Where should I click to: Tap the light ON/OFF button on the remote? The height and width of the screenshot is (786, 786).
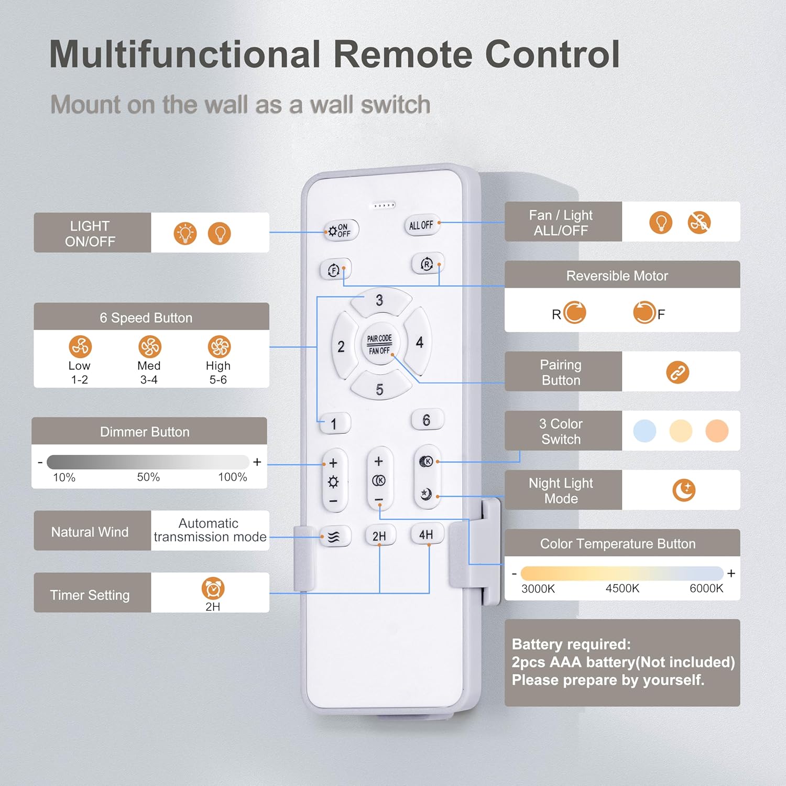[341, 230]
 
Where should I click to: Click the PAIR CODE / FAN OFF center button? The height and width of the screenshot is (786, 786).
[379, 344]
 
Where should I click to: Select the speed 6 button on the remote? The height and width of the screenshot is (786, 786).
[427, 420]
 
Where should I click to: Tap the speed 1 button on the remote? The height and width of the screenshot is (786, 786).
[334, 423]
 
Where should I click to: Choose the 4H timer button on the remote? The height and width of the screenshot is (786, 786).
[426, 534]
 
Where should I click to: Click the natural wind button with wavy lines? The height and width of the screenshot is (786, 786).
[334, 537]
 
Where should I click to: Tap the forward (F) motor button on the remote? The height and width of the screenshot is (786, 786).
[335, 270]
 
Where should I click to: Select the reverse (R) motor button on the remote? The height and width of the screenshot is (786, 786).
[426, 264]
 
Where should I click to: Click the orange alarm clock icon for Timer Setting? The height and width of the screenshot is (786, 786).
[213, 588]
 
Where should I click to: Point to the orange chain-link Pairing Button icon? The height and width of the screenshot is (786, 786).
[678, 373]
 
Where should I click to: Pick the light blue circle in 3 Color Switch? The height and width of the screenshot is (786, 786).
[645, 431]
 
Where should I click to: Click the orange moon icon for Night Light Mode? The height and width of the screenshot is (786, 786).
[684, 490]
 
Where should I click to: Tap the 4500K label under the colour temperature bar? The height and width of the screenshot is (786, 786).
[623, 588]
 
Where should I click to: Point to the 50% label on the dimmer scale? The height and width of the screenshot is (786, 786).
[148, 477]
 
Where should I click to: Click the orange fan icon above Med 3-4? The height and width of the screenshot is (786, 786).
[149, 346]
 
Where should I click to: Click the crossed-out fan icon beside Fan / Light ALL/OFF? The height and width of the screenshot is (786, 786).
[699, 223]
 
